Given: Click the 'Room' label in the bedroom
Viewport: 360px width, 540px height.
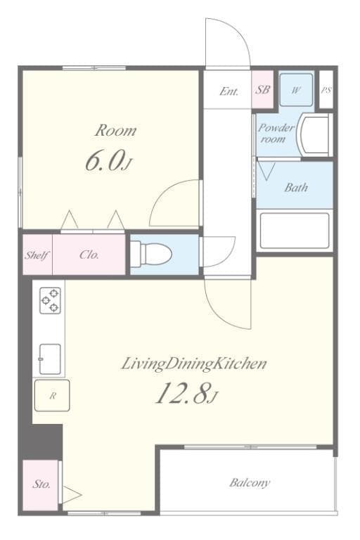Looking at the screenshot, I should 116,130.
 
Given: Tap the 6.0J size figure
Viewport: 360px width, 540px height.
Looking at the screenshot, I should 108,161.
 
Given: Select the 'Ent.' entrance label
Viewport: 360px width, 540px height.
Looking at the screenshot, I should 229,91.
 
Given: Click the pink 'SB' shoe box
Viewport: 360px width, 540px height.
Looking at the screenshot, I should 262,90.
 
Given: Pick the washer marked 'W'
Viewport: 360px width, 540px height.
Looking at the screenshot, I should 296,90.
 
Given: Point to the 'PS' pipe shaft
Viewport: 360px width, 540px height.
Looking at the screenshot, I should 326,90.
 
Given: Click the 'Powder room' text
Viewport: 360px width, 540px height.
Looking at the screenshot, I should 275,133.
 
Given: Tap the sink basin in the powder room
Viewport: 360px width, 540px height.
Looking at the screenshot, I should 314,134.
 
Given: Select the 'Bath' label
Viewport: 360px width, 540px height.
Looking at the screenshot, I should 295,188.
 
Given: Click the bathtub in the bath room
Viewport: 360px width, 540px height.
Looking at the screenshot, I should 294,230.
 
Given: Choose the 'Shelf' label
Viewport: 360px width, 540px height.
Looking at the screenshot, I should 37,255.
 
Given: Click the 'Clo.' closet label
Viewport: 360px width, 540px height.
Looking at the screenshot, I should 89,255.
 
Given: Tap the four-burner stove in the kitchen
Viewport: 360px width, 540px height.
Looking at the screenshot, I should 49,301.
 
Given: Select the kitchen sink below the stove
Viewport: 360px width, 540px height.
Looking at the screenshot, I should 49,359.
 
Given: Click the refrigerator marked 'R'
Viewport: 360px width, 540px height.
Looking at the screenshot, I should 51,396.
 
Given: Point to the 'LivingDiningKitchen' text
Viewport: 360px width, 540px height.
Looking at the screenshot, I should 194,364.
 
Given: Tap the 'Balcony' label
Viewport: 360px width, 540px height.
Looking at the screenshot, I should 250,482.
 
